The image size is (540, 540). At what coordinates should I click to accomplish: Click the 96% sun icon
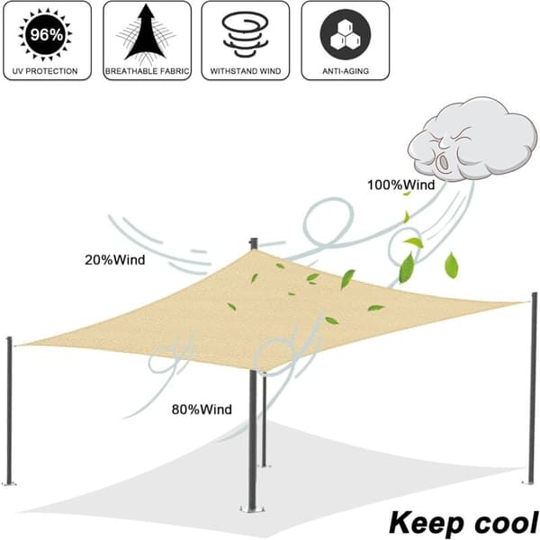[46, 34]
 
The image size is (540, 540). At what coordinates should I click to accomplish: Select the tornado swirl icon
[245, 34]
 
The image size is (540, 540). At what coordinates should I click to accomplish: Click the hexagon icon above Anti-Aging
[345, 34]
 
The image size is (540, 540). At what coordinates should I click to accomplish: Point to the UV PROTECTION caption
[45, 71]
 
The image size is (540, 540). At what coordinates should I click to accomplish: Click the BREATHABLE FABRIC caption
[147, 71]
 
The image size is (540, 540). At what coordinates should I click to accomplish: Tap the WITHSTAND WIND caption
[246, 71]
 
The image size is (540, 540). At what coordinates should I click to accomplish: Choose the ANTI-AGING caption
[346, 71]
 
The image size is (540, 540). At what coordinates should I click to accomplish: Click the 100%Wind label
[401, 184]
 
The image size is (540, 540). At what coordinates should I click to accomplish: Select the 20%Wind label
[115, 260]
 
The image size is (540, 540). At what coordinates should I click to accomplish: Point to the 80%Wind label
[202, 409]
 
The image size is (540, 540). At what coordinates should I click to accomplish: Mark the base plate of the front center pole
[253, 509]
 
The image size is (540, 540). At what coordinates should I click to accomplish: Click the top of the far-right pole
[534, 294]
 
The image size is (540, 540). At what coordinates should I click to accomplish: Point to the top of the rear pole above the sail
[253, 239]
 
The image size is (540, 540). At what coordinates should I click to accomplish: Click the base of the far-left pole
[9, 483]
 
